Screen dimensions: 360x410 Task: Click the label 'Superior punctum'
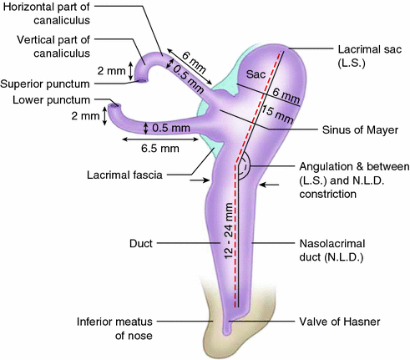pyautogui.click(x=43, y=84)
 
